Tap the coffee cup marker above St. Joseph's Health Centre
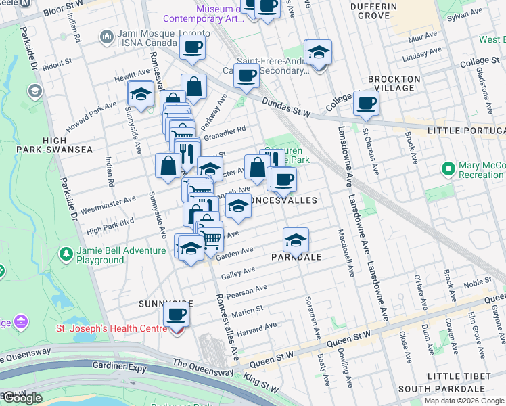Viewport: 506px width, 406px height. (x=176, y=315)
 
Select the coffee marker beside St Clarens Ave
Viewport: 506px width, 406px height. (x=366, y=104)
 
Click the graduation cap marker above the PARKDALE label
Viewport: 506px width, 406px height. (x=296, y=240)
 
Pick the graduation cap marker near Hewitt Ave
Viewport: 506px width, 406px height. (x=141, y=94)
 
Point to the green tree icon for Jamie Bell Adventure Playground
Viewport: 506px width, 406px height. (x=66, y=254)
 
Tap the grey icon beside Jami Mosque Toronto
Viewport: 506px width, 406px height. (x=106, y=35)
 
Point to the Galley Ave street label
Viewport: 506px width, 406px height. (x=237, y=272)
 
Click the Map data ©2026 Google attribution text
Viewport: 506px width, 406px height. (x=463, y=401)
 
